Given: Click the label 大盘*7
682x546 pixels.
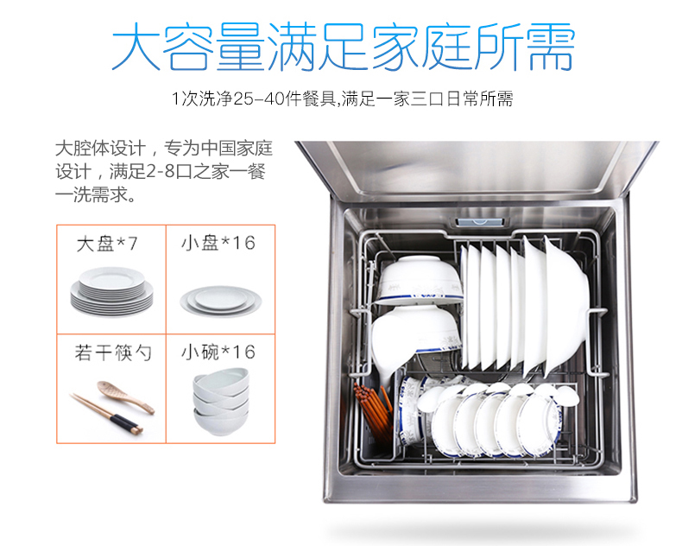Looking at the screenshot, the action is coord(107,244).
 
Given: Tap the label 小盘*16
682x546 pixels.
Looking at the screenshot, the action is coord(218,243).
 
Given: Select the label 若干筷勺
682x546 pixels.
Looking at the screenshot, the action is coord(113,352).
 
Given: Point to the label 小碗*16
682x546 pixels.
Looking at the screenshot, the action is coord(218,352).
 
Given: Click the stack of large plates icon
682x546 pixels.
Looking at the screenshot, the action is coord(111,292).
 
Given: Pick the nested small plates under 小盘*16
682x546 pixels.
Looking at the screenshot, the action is coord(220,301).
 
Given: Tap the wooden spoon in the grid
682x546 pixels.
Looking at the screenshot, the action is coord(125,397).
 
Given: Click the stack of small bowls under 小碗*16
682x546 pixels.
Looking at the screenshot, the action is coord(221,402).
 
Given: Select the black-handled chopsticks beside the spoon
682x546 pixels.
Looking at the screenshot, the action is coord(106,413).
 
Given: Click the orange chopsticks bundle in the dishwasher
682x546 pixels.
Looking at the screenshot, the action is coord(373,410).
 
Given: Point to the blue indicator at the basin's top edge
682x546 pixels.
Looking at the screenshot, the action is coord(480,222).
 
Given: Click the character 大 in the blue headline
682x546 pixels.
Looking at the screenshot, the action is coord(136,46).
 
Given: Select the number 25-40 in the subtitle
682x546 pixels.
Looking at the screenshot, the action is coord(259,98).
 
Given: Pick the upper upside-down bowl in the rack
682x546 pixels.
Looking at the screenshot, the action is coord(418,280).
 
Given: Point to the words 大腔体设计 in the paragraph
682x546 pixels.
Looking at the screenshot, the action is coord(100,148).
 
